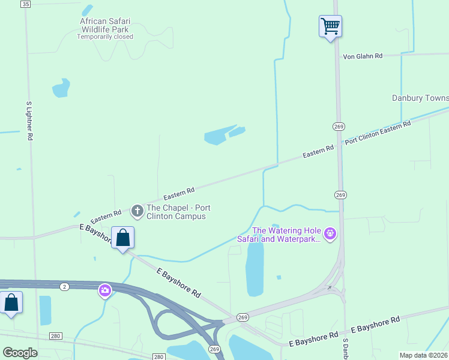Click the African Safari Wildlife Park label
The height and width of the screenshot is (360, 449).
tap(104, 25)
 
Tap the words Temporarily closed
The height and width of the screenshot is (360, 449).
tap(105, 37)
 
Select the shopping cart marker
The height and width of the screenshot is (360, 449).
tap(330, 26)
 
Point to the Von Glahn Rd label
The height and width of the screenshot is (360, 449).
tap(363, 56)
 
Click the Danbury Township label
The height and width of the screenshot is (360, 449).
tap(420, 98)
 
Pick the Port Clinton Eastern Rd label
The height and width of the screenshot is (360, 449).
tap(378, 133)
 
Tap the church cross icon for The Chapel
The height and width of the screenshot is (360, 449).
tap(137, 211)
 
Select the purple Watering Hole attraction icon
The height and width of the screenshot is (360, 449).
tap(329, 233)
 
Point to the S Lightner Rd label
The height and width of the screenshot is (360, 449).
tap(29, 121)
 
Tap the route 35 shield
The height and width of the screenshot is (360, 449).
tap(25, 4)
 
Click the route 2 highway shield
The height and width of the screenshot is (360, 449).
tap(64, 287)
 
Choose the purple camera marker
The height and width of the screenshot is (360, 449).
tap(105, 291)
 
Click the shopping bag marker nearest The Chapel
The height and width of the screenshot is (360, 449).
tap(123, 238)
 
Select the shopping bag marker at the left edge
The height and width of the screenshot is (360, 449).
tap(11, 302)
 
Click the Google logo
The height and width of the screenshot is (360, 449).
tap(20, 352)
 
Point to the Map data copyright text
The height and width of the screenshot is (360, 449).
tap(424, 355)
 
